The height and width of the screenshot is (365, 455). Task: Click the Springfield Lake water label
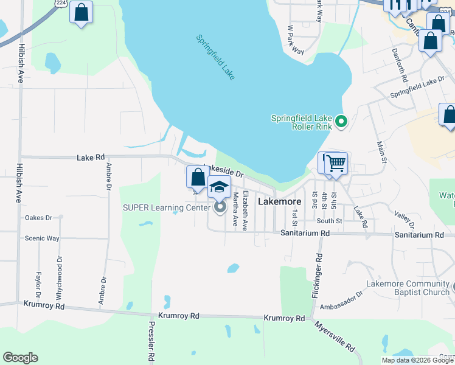tap(215, 57)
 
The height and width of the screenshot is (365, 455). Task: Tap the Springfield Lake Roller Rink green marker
tap(341, 122)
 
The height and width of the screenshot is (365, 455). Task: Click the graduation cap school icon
tap(220, 186)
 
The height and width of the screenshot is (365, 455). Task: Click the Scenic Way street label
tap(42, 238)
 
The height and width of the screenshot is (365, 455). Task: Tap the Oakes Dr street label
tap(39, 217)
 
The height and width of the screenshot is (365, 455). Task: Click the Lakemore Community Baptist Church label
tap(407, 288)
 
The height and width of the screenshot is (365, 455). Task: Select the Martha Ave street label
tap(235, 210)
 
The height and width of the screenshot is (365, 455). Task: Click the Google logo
tap(21, 358)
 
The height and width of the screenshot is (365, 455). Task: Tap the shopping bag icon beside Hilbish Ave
tap(81, 12)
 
